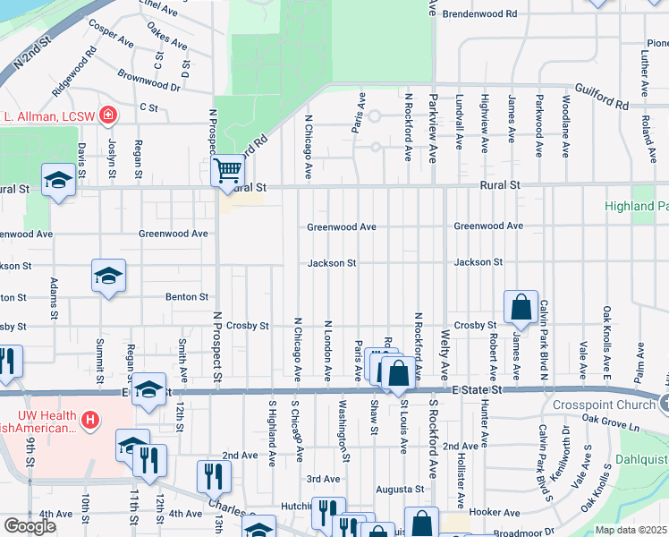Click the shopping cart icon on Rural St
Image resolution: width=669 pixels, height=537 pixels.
[228, 169]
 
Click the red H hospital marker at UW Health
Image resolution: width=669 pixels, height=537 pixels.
[89, 419]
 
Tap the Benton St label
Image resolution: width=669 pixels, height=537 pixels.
[186, 296]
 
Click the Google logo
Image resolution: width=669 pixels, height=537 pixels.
[30, 526]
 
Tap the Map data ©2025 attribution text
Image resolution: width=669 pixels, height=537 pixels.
[631, 530]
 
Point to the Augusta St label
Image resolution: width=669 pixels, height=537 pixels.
[399, 490]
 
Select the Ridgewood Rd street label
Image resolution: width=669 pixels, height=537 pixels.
[73, 76]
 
